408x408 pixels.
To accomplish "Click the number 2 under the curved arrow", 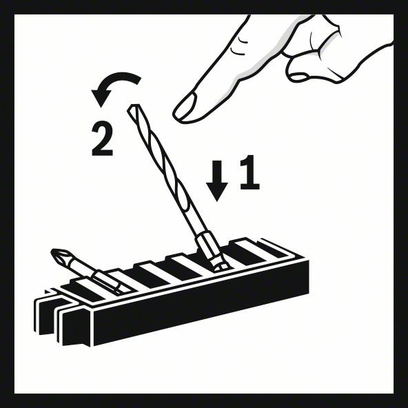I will coord(102,139).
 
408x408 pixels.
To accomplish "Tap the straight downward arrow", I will coord(217,177).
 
